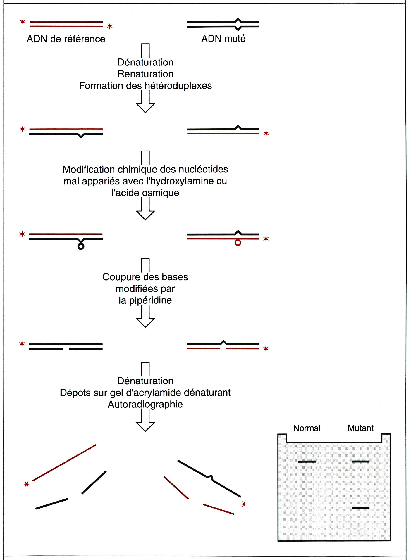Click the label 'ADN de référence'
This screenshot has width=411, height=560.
tap(66, 39)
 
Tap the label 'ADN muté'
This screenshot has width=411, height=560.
tap(223, 39)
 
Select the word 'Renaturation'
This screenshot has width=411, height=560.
tap(145, 74)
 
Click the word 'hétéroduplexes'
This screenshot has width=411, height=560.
tap(178, 86)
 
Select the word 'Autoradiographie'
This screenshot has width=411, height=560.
tap(145, 405)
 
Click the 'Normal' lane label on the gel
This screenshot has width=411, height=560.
tap(307, 428)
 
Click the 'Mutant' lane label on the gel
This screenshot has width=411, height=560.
tap(360, 428)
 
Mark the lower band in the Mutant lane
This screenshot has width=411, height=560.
tap(361, 508)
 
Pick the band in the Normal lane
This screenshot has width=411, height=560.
tap(307, 462)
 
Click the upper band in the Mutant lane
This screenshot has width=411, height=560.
tap(361, 462)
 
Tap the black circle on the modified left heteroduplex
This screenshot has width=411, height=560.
tap(81, 246)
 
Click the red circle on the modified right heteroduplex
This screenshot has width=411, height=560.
tap(238, 243)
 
